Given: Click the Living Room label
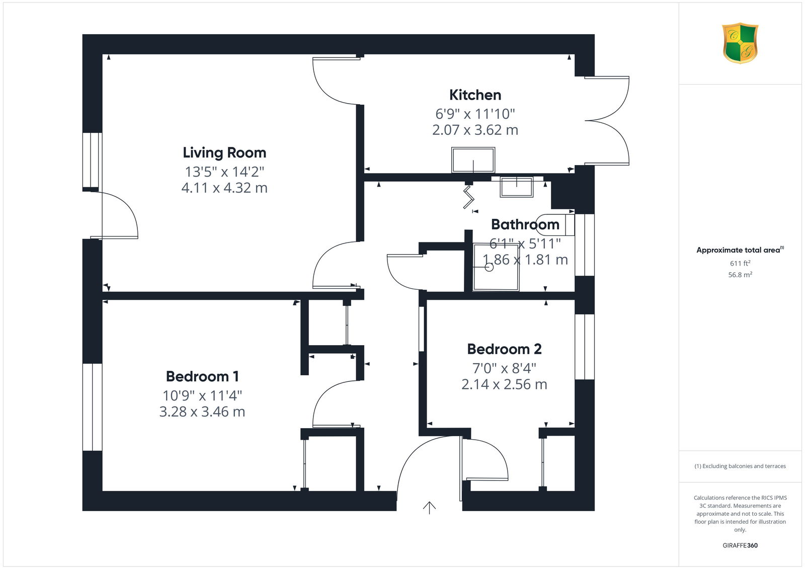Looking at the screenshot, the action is tap(224, 153).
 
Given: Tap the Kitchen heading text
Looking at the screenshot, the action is tap(475, 95).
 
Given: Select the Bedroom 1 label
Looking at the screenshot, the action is tap(202, 376).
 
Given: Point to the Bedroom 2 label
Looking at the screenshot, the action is tap(504, 349).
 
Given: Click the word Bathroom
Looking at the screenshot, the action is tap(525, 224).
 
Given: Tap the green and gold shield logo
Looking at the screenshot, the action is tap(740, 43).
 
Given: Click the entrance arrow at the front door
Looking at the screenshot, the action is tap(429, 508).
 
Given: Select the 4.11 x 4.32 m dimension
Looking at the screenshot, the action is tap(224, 188).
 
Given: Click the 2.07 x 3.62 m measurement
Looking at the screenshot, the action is tap(475, 130).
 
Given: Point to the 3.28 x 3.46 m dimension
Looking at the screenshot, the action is tap(202, 412).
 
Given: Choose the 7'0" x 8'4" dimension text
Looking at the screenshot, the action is tap(504, 368).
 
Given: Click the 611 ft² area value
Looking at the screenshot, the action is tap(740, 263).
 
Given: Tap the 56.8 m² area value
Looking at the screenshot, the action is tap(740, 275).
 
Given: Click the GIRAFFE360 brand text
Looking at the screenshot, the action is tap(740, 545).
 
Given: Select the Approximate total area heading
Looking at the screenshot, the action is tap(740, 250).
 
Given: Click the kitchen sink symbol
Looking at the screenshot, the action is tap(473, 160).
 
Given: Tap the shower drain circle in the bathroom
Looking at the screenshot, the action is tap(489, 267).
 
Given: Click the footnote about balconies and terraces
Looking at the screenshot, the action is tap(740, 466).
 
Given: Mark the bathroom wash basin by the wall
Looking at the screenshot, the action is tap(516, 187).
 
